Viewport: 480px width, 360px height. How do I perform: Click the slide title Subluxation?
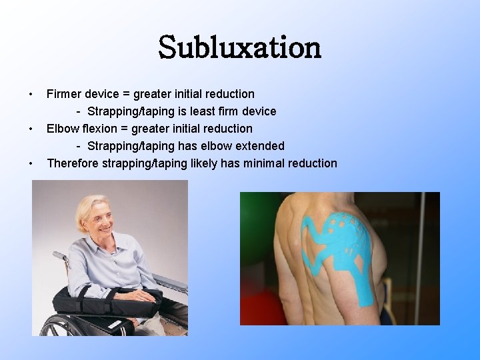[240, 47]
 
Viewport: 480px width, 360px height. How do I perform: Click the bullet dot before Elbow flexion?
[31, 129]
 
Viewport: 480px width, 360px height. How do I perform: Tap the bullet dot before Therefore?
[31, 163]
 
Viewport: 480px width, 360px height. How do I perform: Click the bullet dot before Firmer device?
[31, 94]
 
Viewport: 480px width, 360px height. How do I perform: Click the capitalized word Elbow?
[61, 129]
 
